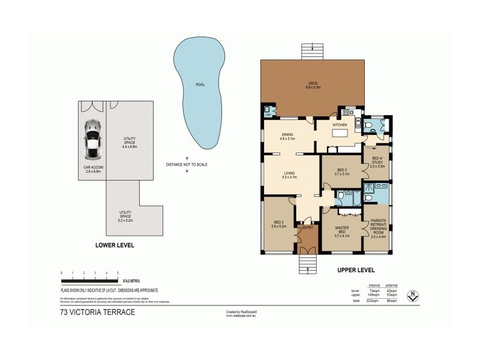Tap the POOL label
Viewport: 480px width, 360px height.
point(200,85)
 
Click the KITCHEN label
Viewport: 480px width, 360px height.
point(340,125)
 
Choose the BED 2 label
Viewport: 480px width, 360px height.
point(278,223)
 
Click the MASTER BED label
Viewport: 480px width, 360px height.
point(342,229)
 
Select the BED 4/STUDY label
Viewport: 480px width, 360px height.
point(377,160)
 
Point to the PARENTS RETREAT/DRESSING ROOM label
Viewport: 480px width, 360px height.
point(378,227)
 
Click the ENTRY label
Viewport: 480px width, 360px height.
point(308,227)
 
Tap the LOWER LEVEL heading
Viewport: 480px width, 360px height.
point(115,245)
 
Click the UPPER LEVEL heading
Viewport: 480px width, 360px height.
point(356,271)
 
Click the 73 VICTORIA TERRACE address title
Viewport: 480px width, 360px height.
point(97,312)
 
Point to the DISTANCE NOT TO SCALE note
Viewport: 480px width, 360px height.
point(187,164)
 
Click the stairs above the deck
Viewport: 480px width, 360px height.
point(312,49)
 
